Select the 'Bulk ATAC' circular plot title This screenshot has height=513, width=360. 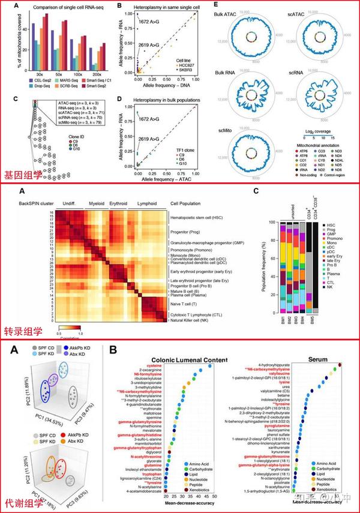(241, 13)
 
